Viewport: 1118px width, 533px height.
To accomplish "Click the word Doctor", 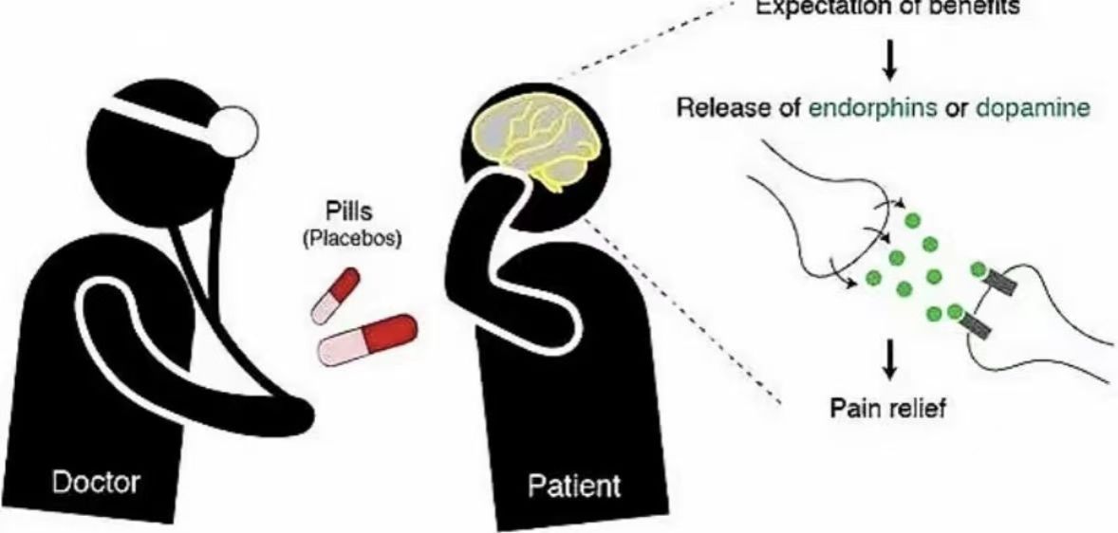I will [x=96, y=482].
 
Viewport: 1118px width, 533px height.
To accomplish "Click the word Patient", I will [x=574, y=487].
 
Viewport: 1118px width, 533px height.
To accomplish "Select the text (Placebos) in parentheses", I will [x=351, y=239].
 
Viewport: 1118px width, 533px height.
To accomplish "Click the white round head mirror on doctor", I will [x=231, y=129].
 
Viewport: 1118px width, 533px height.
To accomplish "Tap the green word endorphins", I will [x=865, y=107].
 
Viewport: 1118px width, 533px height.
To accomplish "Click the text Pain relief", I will [x=889, y=410].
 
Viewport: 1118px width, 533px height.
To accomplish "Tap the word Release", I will [x=712, y=107].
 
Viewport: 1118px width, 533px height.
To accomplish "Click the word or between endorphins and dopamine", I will [x=952, y=107].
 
